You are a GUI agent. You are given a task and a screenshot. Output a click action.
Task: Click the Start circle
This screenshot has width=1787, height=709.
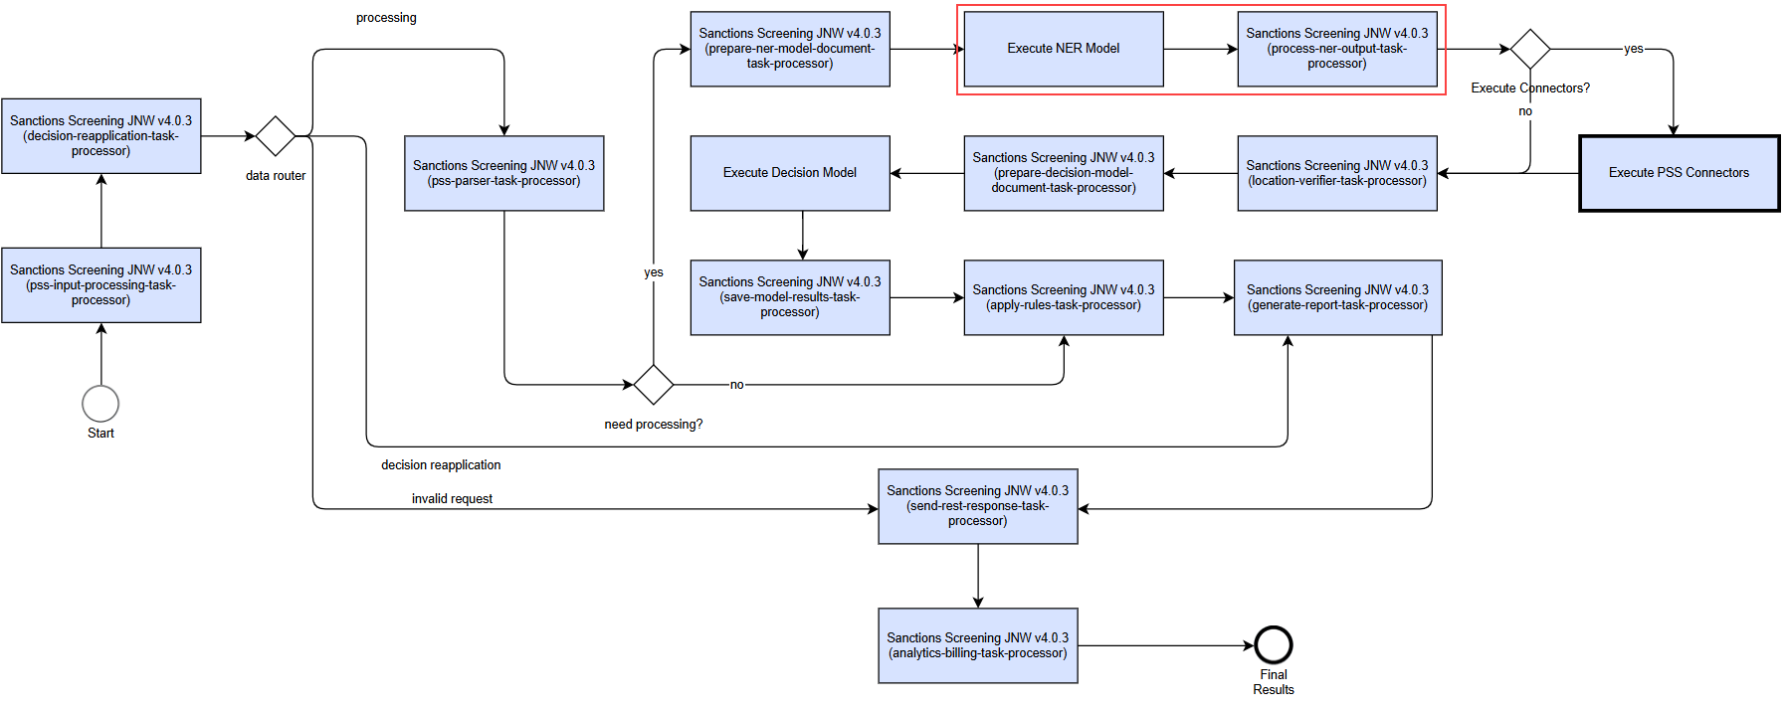click(100, 404)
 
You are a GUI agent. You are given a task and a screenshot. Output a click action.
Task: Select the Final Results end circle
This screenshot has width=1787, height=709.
click(1274, 645)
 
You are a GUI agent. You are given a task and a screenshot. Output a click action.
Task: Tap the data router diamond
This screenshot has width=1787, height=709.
click(276, 136)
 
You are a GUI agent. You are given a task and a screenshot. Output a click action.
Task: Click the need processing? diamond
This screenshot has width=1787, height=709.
click(654, 384)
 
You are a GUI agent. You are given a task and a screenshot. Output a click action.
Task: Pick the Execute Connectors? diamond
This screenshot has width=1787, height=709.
click(1530, 49)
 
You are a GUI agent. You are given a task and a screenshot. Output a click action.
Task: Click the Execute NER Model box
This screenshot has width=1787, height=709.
click(1064, 49)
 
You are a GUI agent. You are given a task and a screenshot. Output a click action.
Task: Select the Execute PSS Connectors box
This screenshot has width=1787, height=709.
click(1680, 173)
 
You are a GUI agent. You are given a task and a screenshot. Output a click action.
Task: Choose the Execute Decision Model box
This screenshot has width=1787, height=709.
click(790, 173)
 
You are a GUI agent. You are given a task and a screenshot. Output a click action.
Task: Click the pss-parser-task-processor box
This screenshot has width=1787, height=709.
click(504, 173)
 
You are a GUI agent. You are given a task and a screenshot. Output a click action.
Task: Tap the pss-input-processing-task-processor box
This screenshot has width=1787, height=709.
click(101, 285)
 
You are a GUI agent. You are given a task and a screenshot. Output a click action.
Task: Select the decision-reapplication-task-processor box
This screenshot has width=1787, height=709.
click(101, 136)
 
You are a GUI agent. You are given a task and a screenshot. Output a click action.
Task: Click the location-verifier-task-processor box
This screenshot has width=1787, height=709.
click(1337, 173)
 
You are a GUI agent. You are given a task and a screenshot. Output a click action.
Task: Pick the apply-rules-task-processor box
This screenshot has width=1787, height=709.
click(1064, 297)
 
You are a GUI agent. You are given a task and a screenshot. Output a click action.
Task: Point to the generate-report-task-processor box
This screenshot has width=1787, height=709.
click(1338, 297)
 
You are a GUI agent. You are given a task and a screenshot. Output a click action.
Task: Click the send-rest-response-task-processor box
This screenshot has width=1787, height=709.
click(978, 506)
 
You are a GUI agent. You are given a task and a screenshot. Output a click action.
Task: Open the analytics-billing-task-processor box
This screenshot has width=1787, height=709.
click(978, 645)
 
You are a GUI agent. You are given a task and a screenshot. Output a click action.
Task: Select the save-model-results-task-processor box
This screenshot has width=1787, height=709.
click(790, 297)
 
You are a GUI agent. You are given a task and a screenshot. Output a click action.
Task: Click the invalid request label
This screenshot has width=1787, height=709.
click(452, 499)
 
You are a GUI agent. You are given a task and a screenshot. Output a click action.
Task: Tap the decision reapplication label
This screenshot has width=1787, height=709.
click(441, 465)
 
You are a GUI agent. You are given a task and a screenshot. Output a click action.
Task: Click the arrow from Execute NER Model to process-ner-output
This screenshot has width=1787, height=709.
click(1201, 49)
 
